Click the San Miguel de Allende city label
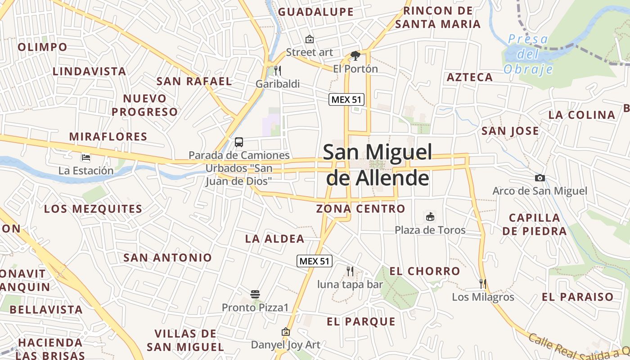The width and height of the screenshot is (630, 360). pyautogui.click(x=377, y=165)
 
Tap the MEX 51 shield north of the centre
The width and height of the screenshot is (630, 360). pyautogui.click(x=346, y=99)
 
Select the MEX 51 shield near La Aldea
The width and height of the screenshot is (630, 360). pyautogui.click(x=315, y=261)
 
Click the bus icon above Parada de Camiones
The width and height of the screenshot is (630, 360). pyautogui.click(x=239, y=142)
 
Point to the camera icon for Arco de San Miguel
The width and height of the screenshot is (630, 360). pyautogui.click(x=540, y=178)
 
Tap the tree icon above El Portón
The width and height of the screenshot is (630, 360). pyautogui.click(x=355, y=56)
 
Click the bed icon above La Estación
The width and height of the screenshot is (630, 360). pyautogui.click(x=86, y=157)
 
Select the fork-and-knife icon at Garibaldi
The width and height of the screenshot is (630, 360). pyautogui.click(x=278, y=71)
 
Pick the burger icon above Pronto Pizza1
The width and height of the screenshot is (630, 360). pyautogui.click(x=255, y=295)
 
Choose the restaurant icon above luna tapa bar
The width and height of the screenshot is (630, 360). pyautogui.click(x=350, y=271)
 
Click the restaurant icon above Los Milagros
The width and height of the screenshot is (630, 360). pyautogui.click(x=483, y=283)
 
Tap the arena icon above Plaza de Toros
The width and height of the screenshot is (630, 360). pyautogui.click(x=430, y=217)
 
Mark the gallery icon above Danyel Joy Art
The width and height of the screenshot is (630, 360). pyautogui.click(x=285, y=332)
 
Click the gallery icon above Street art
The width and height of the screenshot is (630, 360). pyautogui.click(x=310, y=39)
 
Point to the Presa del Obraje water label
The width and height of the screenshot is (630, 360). pyautogui.click(x=528, y=54)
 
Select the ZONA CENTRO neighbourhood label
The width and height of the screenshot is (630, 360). pyautogui.click(x=361, y=209)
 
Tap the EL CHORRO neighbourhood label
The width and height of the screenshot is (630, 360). pyautogui.click(x=425, y=271)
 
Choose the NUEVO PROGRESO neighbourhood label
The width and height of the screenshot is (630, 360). pyautogui.click(x=145, y=105)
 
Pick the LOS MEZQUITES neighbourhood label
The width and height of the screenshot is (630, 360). pyautogui.click(x=93, y=209)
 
